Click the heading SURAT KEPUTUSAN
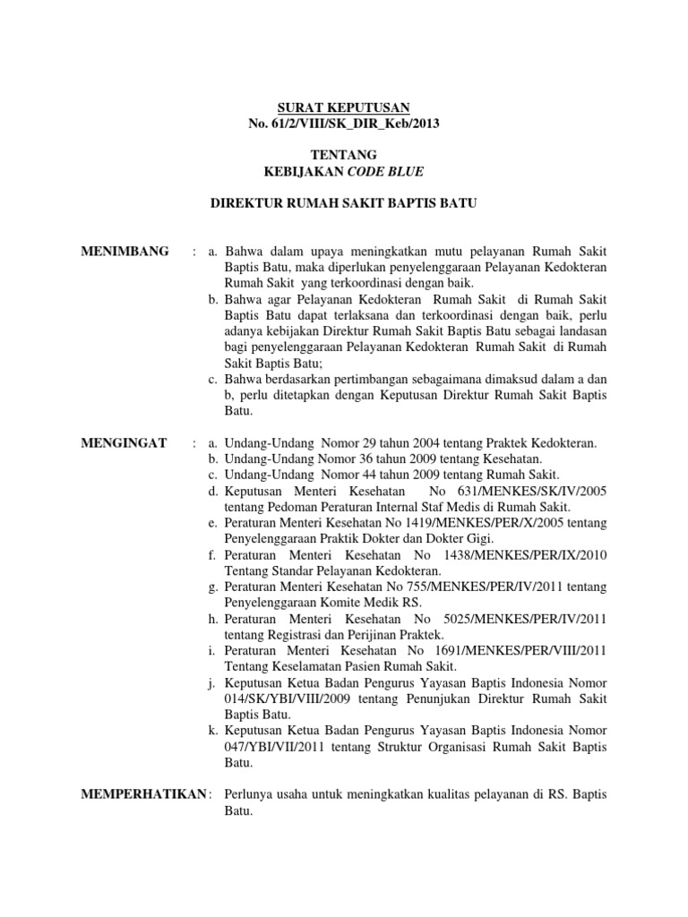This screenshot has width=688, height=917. [x=344, y=107]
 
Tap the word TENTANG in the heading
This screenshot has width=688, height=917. [x=344, y=155]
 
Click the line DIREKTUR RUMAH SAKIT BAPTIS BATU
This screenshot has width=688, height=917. [x=344, y=204]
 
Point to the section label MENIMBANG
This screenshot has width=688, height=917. [x=125, y=251]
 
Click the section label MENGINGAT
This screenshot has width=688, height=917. [x=125, y=443]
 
